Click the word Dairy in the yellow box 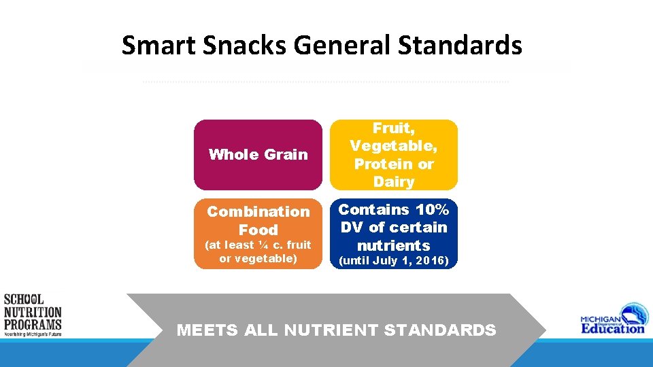click(394, 182)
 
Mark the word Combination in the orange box click(258, 211)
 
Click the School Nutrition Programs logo click(32, 315)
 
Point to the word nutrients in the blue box click(394, 245)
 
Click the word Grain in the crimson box click(286, 154)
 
